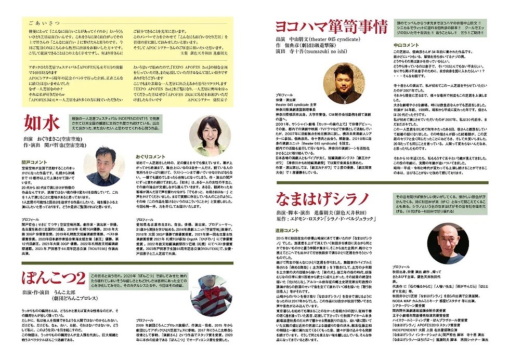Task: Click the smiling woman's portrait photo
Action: click(x=210, y=135)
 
